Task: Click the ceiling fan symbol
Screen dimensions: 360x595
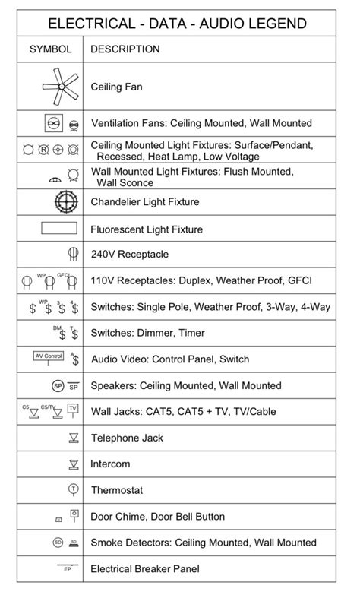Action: pyautogui.click(x=58, y=86)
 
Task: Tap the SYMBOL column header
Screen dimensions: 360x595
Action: pyautogui.click(x=51, y=49)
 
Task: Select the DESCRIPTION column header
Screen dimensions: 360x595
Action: pyautogui.click(x=125, y=49)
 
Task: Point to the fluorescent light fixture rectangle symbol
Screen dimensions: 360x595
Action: pyautogui.click(x=58, y=228)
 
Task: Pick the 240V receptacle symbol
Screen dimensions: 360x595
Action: pyautogui.click(x=74, y=254)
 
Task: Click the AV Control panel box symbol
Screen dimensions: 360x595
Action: pyautogui.click(x=49, y=356)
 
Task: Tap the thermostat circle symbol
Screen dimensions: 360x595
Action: pyautogui.click(x=74, y=489)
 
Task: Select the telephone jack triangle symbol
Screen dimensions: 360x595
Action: pyautogui.click(x=74, y=438)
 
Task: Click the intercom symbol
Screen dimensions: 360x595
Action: pyautogui.click(x=74, y=464)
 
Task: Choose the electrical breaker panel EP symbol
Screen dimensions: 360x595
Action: pyautogui.click(x=66, y=567)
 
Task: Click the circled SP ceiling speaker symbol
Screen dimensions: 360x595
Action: pyautogui.click(x=57, y=385)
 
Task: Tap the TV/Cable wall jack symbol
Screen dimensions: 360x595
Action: pyautogui.click(x=73, y=409)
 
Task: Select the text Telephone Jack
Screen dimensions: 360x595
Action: pyautogui.click(x=127, y=438)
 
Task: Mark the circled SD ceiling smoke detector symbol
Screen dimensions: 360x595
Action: pyautogui.click(x=57, y=542)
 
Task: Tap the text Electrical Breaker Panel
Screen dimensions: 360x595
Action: pyautogui.click(x=146, y=568)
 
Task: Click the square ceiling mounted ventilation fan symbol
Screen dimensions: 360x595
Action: pyautogui.click(x=52, y=122)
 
